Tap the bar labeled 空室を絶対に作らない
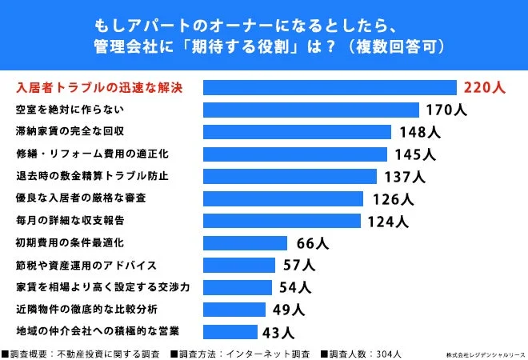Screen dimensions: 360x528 (x=311, y=110)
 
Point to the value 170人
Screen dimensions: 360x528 (x=446, y=110)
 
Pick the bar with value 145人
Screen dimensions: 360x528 (x=295, y=154)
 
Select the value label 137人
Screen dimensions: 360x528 (x=403, y=176)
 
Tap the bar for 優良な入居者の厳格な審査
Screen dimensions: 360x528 (x=283, y=198)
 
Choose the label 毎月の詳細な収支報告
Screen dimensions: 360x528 (x=70, y=219)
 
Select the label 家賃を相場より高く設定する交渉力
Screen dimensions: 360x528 (x=102, y=286)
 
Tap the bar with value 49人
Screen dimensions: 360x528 (x=235, y=309)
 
